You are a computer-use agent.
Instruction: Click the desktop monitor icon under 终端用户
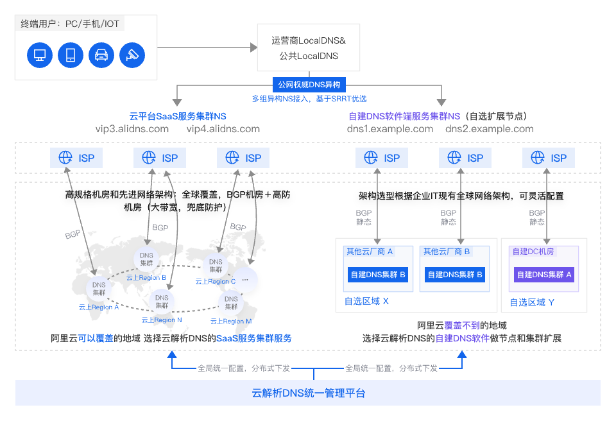tap(40, 55)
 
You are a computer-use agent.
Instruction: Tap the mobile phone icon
tap(71, 55)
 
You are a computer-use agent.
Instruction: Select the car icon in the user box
tap(101, 55)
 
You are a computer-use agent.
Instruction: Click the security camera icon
tap(132, 55)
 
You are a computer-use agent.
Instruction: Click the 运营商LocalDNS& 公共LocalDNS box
tap(308, 48)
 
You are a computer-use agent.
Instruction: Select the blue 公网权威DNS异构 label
tap(309, 85)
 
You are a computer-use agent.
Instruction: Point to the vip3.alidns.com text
tap(132, 129)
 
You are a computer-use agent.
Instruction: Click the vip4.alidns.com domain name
tap(223, 129)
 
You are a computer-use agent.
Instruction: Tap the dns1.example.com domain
tap(389, 129)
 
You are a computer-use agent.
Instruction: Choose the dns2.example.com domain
tap(490, 129)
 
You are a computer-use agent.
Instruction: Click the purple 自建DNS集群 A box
tap(543, 275)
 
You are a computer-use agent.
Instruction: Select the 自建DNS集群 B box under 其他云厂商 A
tap(377, 275)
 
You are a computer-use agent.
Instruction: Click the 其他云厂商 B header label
tap(447, 252)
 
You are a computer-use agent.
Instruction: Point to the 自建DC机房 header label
tap(533, 252)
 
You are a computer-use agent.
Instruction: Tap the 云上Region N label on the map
tap(162, 320)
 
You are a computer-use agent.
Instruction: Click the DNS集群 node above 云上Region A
tap(99, 289)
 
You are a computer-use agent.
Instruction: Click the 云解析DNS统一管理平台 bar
tap(308, 393)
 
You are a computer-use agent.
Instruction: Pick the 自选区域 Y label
tap(532, 302)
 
